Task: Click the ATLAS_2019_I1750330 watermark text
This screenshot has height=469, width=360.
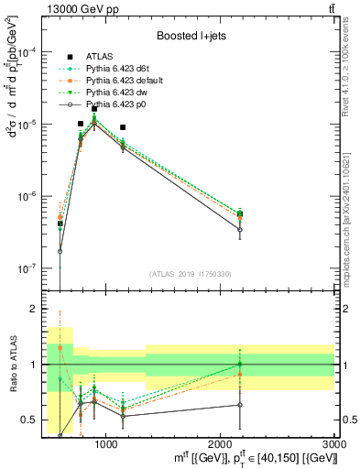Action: tap(189, 274)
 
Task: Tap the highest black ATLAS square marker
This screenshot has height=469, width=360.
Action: tap(94, 109)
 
